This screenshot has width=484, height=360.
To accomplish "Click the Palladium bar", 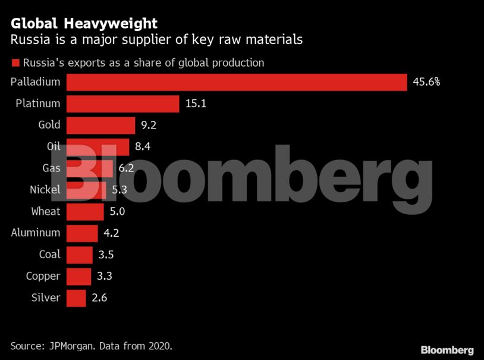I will click(x=236, y=82).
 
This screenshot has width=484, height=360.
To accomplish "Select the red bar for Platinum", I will click(x=122, y=104).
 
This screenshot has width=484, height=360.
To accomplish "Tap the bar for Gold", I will click(x=100, y=126).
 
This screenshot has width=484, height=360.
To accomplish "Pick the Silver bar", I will click(x=76, y=298).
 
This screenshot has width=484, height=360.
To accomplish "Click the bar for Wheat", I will click(x=85, y=211).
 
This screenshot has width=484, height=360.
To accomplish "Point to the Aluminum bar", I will click(x=82, y=233).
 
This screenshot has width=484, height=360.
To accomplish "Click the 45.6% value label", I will click(x=426, y=82).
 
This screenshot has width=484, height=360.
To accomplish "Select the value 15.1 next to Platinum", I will click(x=195, y=104).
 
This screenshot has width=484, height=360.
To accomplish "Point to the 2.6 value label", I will click(x=100, y=298).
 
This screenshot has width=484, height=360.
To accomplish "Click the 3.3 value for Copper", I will click(x=105, y=276).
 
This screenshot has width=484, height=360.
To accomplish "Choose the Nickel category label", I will click(x=45, y=190).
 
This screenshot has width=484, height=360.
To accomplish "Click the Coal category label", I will click(x=49, y=254).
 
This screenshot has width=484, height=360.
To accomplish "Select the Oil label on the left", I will click(x=54, y=147).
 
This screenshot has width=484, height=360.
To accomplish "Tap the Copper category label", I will click(x=43, y=276).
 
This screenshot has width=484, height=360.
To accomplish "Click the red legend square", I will click(x=14, y=62).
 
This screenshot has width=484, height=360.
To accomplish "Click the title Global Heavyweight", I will click(x=84, y=23).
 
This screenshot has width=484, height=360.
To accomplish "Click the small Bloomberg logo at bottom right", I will click(x=447, y=349).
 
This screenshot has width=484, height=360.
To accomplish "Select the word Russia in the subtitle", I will click(x=29, y=40).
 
